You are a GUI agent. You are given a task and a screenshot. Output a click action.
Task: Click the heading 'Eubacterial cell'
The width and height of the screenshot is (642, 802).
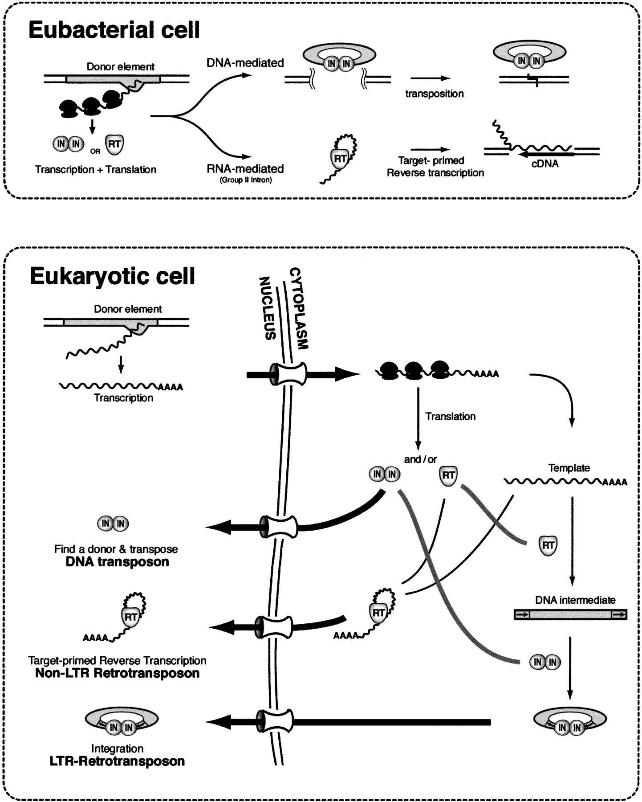tap(114, 30)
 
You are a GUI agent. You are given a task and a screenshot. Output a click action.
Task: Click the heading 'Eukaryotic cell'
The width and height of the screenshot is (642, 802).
tap(112, 276)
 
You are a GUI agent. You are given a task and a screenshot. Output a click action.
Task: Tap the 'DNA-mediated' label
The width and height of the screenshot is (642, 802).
tap(245, 63)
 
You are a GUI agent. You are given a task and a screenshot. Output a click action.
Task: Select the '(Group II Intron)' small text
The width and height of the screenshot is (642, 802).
tap(245, 180)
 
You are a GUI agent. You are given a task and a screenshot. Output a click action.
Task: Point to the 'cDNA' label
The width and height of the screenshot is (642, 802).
tap(545, 164)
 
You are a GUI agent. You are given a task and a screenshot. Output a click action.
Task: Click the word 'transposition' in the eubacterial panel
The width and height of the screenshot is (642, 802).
tap(434, 94)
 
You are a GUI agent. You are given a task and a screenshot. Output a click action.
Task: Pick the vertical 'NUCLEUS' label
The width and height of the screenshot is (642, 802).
tap(268, 308)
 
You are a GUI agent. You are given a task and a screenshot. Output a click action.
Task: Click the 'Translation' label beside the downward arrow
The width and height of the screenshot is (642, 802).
tap(450, 416)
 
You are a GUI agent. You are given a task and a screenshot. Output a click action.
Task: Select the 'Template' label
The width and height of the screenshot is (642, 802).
tap(569, 468)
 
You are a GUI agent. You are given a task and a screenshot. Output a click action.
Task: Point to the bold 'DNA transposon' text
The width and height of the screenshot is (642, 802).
tap(117, 562)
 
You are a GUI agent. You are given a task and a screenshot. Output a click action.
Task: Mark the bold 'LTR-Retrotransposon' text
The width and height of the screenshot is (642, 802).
tap(117, 761)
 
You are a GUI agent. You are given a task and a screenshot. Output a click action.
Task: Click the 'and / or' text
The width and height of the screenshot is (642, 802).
tap(420, 459)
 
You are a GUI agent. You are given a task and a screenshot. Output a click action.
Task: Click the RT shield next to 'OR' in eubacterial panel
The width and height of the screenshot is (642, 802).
tap(114, 145)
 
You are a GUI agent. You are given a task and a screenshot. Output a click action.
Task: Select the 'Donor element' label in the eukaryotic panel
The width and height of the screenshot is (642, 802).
tap(128, 309)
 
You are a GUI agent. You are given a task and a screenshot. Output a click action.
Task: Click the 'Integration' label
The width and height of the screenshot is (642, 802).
tap(117, 749)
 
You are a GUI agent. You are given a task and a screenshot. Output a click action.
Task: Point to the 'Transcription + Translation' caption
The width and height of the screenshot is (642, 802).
tap(95, 169)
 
